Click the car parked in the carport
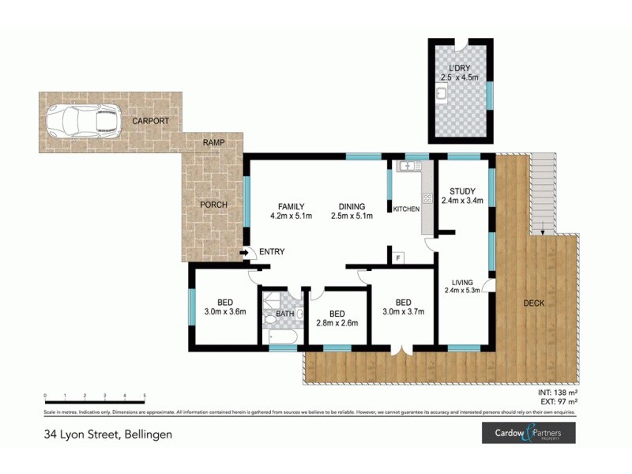point(81,121)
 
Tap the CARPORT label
point(149,122)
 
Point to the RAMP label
point(213,142)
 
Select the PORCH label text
point(213,205)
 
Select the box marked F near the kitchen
point(398,257)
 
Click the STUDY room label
point(462,191)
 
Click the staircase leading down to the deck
point(542,194)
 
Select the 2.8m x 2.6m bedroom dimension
point(338,322)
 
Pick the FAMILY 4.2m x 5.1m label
point(292,210)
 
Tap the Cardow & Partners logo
point(529,433)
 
